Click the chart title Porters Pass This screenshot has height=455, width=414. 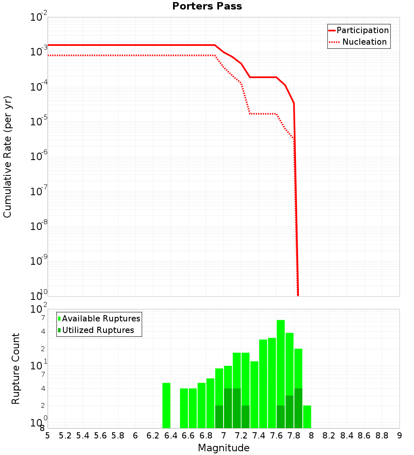click(x=207, y=6)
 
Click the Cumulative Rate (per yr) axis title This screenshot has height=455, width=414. click(x=7, y=157)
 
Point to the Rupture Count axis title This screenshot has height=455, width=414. click(x=16, y=368)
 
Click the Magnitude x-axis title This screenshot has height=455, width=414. click(x=224, y=448)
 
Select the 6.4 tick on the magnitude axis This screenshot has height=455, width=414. click(x=171, y=436)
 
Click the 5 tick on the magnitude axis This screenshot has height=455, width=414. click(x=48, y=436)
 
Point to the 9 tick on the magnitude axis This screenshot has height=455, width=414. click(x=400, y=436)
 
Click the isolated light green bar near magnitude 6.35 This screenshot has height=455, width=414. click(x=166, y=405)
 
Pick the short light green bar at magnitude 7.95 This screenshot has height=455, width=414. click(x=307, y=417)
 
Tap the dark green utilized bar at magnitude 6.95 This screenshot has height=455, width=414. click(x=219, y=417)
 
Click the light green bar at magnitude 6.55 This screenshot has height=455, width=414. click(x=184, y=408)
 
